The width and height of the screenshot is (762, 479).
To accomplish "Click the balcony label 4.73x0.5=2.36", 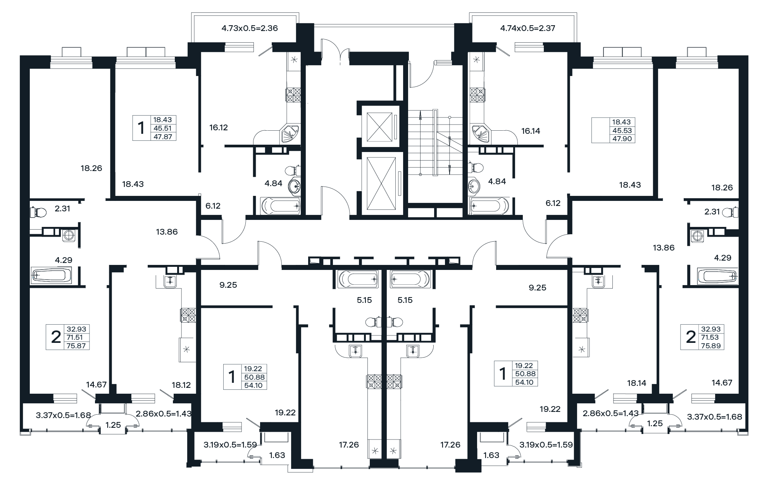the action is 250,28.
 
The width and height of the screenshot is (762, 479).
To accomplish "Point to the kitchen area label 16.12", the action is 219,128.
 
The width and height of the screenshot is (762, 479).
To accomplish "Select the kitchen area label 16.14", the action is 531,131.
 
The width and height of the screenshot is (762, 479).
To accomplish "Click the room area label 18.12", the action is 181,385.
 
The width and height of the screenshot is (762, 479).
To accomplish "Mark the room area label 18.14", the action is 637,384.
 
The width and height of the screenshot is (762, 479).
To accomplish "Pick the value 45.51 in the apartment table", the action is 163,128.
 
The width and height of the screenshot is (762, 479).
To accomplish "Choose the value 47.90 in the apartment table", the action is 622,138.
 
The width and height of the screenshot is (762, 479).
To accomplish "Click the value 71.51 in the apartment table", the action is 75,337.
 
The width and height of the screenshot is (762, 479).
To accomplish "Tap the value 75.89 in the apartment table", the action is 710,346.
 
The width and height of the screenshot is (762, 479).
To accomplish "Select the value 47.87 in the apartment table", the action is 163,137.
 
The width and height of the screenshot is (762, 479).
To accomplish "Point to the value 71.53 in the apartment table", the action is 710,337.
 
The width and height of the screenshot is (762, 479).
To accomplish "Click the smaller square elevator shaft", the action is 380,127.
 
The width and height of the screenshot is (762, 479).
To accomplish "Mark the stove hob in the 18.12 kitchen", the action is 188,315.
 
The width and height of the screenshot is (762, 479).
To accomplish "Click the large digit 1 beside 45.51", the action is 141,128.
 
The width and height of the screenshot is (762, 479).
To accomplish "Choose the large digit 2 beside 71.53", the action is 691,337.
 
